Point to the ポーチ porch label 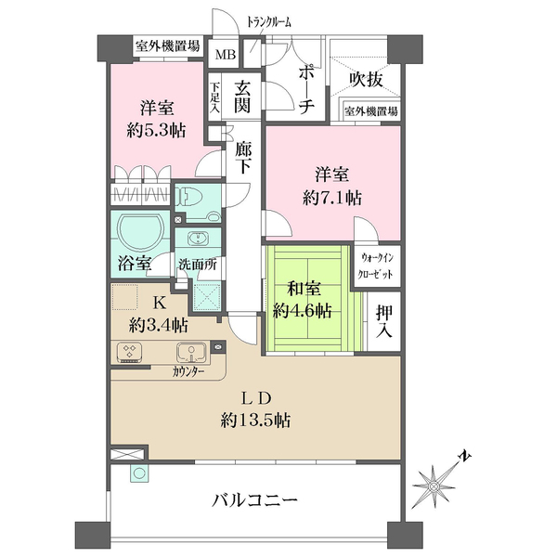pyautogui.click(x=308, y=89)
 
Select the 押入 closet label pyautogui.click(x=381, y=319)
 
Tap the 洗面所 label pyautogui.click(x=198, y=264)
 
